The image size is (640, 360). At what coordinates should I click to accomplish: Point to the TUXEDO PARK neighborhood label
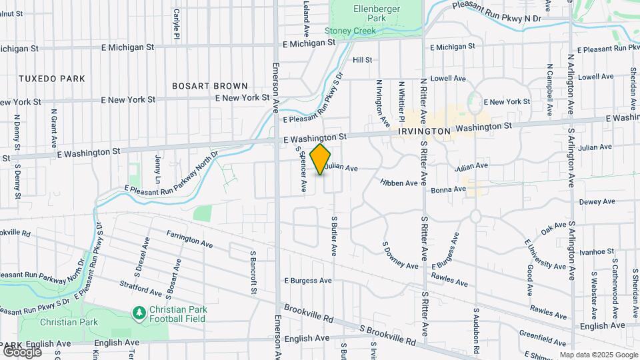(52, 79)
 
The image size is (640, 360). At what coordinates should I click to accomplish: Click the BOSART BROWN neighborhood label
(210, 86)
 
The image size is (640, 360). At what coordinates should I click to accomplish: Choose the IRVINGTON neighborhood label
(425, 132)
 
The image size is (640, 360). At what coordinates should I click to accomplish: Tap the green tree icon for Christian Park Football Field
(139, 312)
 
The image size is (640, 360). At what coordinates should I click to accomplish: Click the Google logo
(22, 351)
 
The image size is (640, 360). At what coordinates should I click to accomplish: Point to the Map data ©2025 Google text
(599, 355)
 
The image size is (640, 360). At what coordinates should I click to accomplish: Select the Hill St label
(362, 60)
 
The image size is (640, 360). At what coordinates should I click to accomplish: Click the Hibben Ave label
(399, 183)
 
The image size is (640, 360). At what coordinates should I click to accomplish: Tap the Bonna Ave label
(449, 189)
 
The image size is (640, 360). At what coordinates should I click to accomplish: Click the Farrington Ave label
(190, 240)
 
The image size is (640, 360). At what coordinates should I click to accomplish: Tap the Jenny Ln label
(158, 170)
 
